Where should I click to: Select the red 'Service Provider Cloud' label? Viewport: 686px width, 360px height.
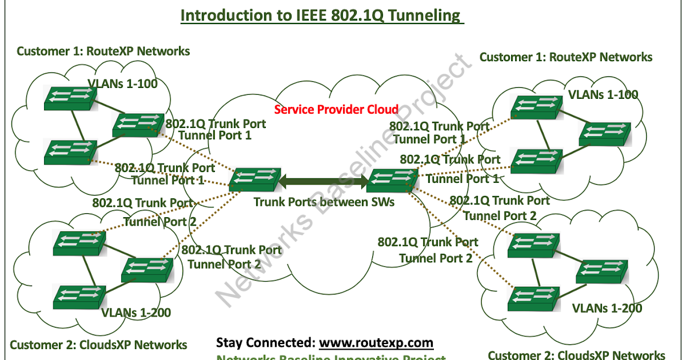click(337, 109)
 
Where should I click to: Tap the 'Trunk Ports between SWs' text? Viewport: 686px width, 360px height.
click(324, 202)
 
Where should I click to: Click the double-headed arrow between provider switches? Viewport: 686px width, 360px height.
click(323, 182)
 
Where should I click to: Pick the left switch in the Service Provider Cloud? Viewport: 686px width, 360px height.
click(254, 179)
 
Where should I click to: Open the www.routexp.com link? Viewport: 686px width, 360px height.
click(376, 343)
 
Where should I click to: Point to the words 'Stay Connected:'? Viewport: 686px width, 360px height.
click(265, 343)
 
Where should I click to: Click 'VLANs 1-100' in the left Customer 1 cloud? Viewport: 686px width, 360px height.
click(122, 85)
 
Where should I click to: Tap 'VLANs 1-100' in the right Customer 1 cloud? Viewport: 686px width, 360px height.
click(603, 95)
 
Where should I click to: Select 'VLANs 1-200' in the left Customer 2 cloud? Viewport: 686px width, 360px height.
click(136, 313)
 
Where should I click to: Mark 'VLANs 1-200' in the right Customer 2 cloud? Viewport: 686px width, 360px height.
click(607, 309)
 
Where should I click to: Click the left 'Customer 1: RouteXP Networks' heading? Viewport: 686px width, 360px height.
click(103, 51)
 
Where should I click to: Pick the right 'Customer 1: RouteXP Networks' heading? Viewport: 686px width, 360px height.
click(565, 57)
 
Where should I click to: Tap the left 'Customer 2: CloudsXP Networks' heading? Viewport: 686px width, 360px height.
click(98, 345)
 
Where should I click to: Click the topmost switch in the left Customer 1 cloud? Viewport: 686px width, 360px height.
click(70, 98)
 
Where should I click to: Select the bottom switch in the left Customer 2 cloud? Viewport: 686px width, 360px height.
click(78, 296)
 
